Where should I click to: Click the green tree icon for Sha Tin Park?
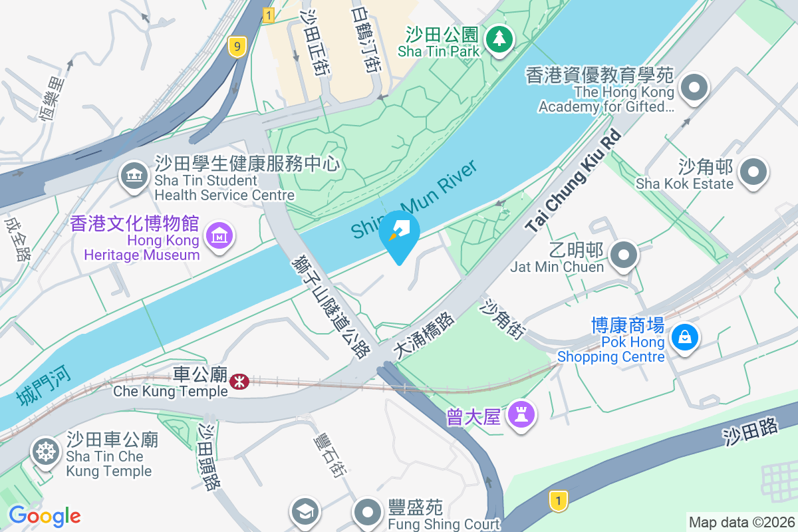pos(498,39)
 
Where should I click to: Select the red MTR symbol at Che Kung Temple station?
pos(239,381)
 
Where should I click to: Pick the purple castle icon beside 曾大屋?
pos(520,416)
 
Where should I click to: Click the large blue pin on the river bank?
pos(399,234)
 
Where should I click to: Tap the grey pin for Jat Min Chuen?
pos(623,255)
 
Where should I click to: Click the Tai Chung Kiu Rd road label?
pos(573,181)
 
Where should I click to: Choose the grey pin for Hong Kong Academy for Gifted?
pos(694,87)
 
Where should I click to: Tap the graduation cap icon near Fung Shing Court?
pos(305,511)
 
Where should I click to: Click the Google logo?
pos(45,516)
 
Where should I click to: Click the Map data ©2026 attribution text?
pos(741,522)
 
